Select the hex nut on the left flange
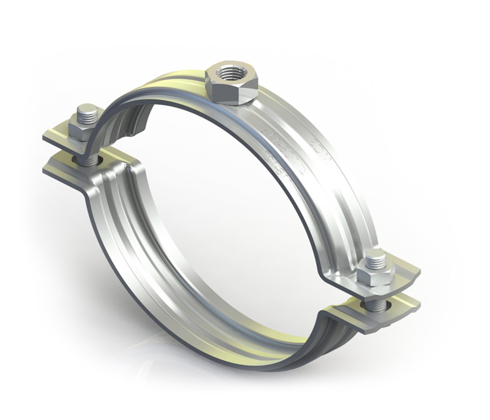point(80,128)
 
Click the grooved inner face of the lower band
point(154,261)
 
